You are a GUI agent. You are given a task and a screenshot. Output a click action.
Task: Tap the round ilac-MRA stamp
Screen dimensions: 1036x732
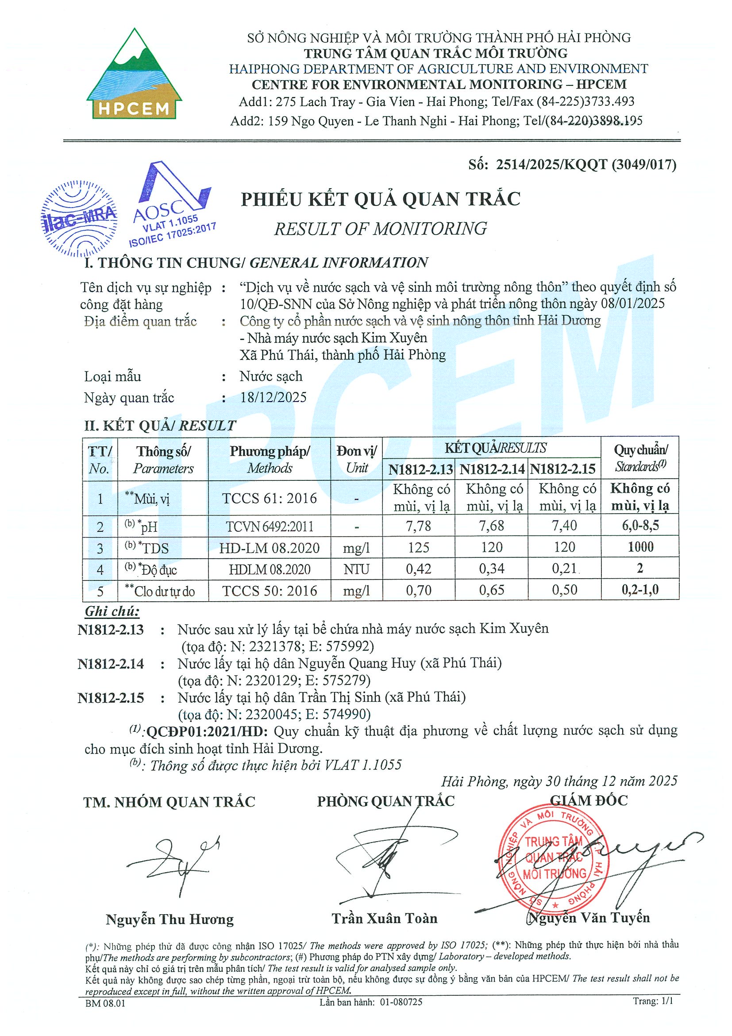pyautogui.click(x=78, y=219)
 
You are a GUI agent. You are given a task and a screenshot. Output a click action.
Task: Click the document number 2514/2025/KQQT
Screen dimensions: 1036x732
pyautogui.click(x=553, y=165)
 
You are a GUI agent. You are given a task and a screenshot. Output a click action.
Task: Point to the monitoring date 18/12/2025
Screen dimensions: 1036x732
pyautogui.click(x=274, y=397)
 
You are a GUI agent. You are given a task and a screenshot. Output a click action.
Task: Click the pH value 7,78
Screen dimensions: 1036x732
pyautogui.click(x=418, y=526)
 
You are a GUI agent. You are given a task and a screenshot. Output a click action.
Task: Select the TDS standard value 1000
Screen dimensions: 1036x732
pyautogui.click(x=640, y=547)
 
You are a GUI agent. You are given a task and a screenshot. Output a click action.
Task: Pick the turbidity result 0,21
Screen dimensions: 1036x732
pyautogui.click(x=564, y=568)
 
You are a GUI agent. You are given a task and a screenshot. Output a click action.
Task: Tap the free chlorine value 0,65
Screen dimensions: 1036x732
pyautogui.click(x=491, y=590)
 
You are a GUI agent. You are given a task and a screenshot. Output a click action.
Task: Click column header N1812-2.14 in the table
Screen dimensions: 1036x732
pyautogui.click(x=492, y=469)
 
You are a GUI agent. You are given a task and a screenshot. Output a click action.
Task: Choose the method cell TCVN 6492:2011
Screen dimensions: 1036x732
pyautogui.click(x=269, y=526)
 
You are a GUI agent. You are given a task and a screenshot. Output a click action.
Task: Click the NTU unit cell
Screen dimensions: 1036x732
pyautogui.click(x=356, y=569)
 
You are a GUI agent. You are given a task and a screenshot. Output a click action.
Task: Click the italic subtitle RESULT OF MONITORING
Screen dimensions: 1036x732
pyautogui.click(x=380, y=229)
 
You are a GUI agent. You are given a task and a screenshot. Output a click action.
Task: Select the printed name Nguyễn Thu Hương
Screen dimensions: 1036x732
pyautogui.click(x=170, y=919)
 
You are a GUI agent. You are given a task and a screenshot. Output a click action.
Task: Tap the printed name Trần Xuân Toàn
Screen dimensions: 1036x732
pyautogui.click(x=385, y=918)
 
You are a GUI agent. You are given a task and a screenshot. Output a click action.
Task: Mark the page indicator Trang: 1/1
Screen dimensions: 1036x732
pyautogui.click(x=653, y=1001)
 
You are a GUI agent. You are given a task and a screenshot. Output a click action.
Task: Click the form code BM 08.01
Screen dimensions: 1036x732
pyautogui.click(x=105, y=1003)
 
